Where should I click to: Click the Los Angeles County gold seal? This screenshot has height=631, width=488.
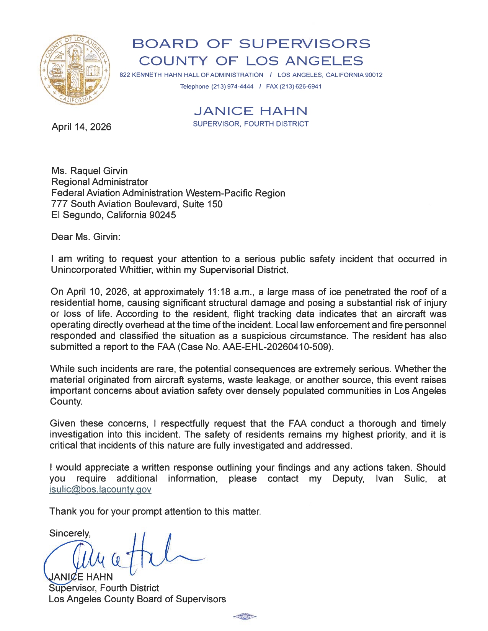(x=75, y=70)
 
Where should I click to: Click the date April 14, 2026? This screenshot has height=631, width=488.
(x=81, y=127)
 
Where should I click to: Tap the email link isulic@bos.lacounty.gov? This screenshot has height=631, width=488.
(x=100, y=490)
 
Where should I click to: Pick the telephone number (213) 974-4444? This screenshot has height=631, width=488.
(x=232, y=86)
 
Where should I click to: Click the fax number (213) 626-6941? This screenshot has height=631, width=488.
(x=300, y=86)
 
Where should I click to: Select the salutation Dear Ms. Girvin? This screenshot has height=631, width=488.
(x=86, y=237)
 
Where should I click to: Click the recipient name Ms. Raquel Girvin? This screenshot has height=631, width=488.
(x=90, y=171)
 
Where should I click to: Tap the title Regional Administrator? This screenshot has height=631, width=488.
(x=100, y=182)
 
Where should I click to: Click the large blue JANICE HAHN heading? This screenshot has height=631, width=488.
(x=251, y=111)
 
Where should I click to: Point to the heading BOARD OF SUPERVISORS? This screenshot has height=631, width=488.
(x=251, y=44)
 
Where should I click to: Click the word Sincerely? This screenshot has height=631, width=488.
(x=70, y=533)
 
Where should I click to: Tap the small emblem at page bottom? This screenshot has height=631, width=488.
(x=245, y=616)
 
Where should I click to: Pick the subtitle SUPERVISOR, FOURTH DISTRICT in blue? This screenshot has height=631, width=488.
(x=251, y=124)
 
